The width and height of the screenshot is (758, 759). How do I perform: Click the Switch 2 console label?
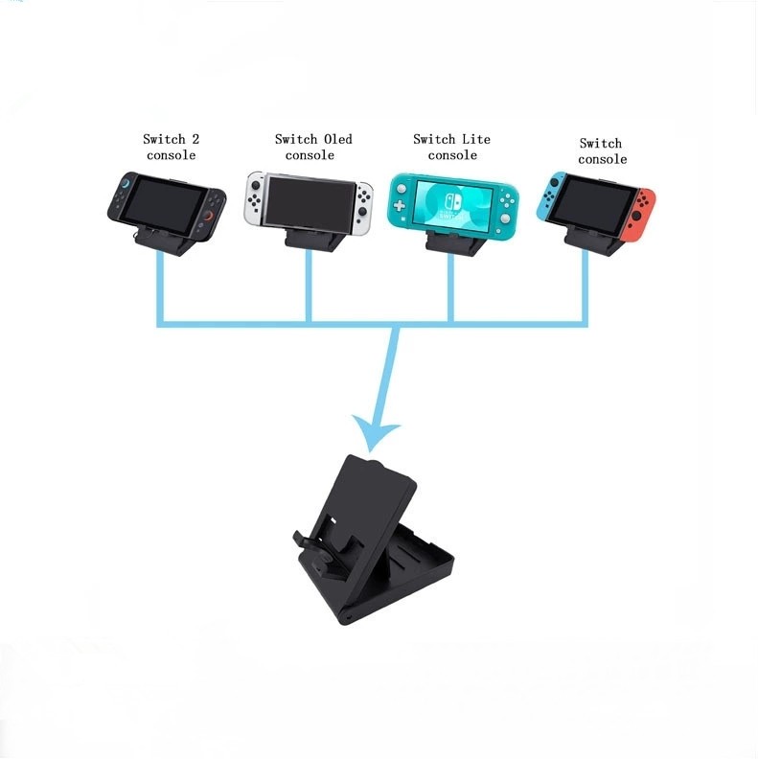tap(172, 147)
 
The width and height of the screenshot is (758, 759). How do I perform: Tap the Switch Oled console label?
tap(312, 147)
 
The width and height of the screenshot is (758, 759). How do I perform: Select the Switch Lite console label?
tap(452, 147)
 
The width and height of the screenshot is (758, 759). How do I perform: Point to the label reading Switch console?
tap(602, 150)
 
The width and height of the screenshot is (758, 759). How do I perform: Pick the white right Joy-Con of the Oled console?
tap(361, 200)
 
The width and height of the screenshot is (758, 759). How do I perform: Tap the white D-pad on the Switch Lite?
tap(403, 205)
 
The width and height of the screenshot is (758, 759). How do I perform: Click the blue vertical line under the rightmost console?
tap(586, 287)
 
